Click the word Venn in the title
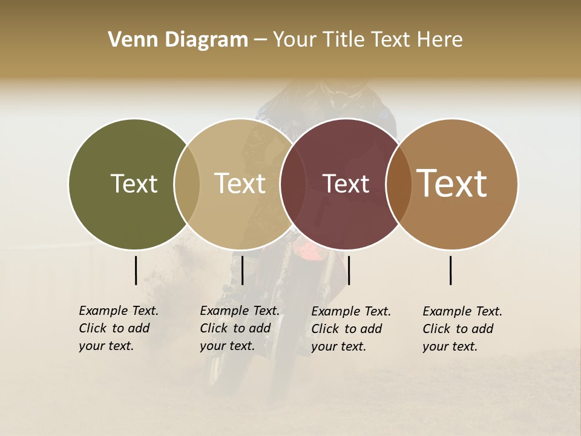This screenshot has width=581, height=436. point(128,40)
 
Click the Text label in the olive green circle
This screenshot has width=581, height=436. point(134,184)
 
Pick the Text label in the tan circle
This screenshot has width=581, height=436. point(240,184)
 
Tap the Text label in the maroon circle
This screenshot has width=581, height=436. point(346,184)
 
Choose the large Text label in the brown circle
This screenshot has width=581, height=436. point(452,183)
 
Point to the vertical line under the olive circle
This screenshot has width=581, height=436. point(136,270)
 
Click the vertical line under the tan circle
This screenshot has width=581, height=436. point(242,270)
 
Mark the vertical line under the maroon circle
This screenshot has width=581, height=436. point(349,270)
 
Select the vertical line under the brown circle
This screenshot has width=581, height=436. point(451,270)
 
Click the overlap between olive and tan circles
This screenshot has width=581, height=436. point(187,184)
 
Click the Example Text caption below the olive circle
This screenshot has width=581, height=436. point(118,328)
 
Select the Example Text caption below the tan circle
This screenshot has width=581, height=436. point(239,328)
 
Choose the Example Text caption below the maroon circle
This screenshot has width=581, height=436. point(350,329)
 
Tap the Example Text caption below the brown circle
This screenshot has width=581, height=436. point(462,329)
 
